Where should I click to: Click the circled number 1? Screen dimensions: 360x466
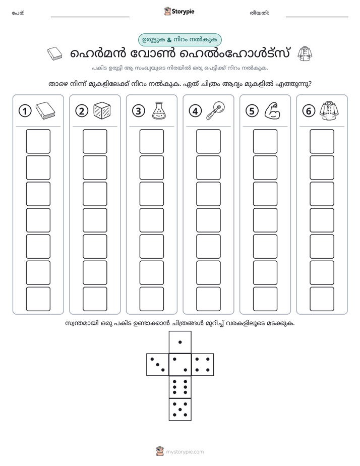tap(25, 111)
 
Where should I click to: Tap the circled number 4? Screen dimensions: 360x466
tap(195, 111)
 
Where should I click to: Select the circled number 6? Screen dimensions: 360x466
tap(309, 111)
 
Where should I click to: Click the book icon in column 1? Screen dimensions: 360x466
tap(45, 110)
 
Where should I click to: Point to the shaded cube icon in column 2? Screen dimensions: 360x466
tap(102, 110)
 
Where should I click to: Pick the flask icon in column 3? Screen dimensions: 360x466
tap(159, 110)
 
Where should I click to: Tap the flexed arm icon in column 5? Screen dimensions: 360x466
tap(272, 110)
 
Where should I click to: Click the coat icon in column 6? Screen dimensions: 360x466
tap(329, 110)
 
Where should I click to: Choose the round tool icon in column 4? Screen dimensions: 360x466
tap(216, 110)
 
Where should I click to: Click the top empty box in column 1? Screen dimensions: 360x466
tap(38, 141)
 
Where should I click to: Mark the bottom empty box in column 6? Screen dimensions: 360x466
tap(322, 299)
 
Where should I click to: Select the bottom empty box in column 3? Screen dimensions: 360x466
tap(151, 299)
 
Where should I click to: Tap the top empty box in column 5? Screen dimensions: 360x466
tap(265, 141)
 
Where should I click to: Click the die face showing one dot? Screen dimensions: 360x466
tap(180, 342)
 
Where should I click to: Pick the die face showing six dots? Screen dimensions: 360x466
tap(180, 387)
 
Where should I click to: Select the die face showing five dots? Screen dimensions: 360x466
tap(180, 410)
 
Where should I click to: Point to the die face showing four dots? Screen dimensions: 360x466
tap(203, 365)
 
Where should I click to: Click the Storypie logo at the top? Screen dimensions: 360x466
tap(179, 12)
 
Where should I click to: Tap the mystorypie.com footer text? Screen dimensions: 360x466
tap(185, 452)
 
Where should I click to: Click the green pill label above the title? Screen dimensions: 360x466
tap(179, 40)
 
